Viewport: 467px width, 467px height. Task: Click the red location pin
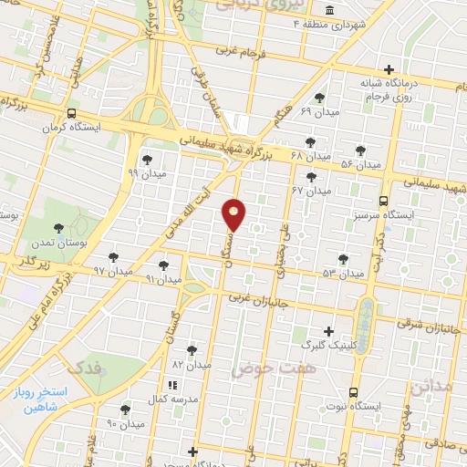pyautogui.click(x=234, y=214)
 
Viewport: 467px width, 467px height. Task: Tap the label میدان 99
pyautogui.click(x=146, y=172)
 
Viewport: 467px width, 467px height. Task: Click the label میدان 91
pyautogui.click(x=164, y=279)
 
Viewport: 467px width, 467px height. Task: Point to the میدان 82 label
pyautogui.click(x=192, y=364)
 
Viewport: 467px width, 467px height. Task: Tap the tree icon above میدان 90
pyautogui.click(x=125, y=410)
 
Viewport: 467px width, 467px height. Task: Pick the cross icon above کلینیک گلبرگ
pyautogui.click(x=329, y=331)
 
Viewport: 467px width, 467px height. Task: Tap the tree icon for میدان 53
pyautogui.click(x=343, y=259)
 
